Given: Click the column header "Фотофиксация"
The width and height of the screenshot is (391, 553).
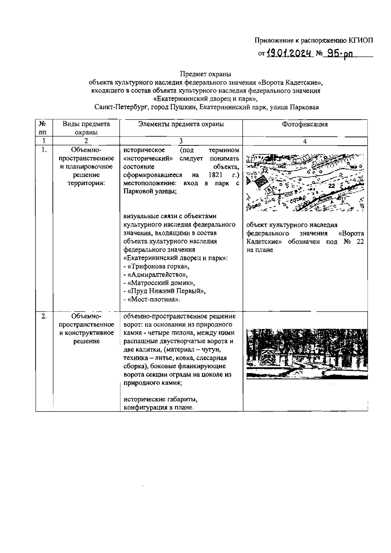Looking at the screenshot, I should [x=305, y=124].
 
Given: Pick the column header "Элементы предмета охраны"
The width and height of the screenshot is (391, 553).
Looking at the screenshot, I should [x=181, y=124].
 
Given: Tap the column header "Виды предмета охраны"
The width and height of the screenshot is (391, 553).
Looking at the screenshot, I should [x=86, y=128].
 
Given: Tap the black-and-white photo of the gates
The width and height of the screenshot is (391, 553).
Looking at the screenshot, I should [x=305, y=353].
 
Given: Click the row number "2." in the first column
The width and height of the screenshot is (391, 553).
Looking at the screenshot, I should [x=44, y=316].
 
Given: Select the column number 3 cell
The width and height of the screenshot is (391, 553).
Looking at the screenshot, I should [x=181, y=141].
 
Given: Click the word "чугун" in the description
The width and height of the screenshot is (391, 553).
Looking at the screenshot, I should [x=212, y=350].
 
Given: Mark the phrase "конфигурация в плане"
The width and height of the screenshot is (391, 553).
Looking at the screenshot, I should [x=158, y=408].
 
